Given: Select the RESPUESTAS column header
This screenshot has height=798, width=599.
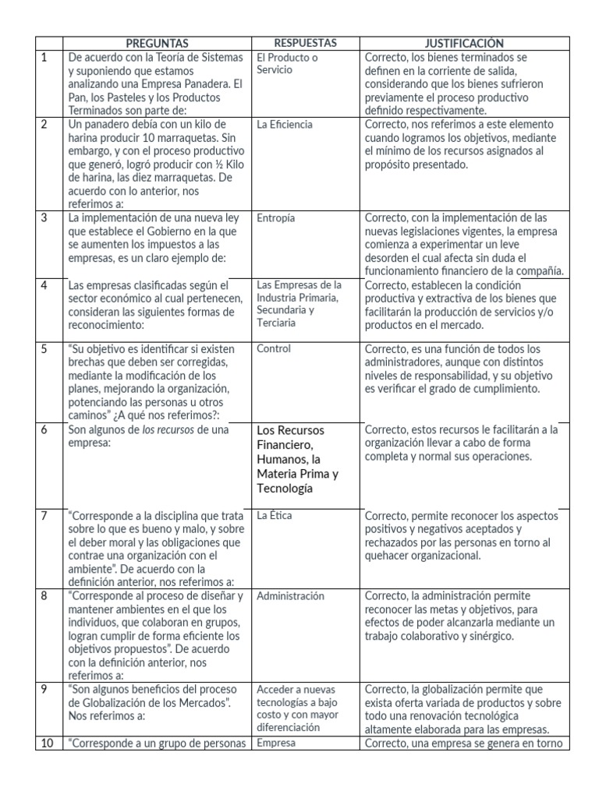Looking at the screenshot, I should (305, 44).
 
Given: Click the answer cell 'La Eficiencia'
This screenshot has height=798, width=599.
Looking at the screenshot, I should (285, 124).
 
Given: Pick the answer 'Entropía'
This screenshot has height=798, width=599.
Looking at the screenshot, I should (275, 218).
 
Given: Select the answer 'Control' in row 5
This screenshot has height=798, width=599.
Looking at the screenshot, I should (273, 348).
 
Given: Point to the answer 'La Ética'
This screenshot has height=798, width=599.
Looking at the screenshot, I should (275, 515).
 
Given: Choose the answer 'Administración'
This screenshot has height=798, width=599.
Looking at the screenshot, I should (290, 596).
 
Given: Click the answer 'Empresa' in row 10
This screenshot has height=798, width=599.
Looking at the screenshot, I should (272, 743).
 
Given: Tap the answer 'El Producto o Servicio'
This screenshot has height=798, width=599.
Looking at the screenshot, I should (287, 63).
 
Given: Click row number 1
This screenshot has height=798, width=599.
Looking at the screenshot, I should (44, 58).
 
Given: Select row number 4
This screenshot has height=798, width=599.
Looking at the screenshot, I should (44, 285).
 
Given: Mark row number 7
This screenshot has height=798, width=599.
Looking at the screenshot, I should (44, 515).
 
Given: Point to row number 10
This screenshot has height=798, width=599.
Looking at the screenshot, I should (47, 743).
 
